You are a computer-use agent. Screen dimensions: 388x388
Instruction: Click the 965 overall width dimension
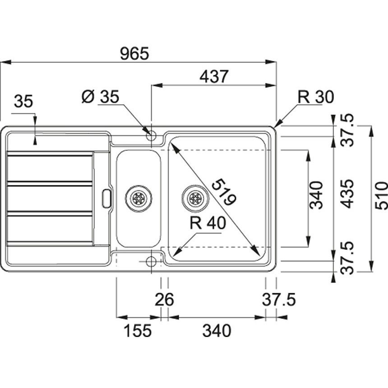tap(134, 53)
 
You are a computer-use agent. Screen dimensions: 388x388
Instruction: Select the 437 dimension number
tap(214, 76)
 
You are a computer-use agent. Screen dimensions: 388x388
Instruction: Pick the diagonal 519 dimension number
tap(224, 192)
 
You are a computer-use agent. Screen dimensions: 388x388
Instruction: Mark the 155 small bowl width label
tap(137, 331)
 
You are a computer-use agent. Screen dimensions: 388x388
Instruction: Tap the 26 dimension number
tap(164, 300)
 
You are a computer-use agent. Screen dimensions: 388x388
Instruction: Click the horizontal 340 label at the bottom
tap(217, 331)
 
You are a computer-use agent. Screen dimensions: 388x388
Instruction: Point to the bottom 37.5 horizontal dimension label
tap(279, 300)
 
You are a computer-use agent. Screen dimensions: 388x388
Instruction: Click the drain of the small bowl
tap(139, 198)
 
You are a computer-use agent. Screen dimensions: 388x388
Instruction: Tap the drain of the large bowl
tap(195, 198)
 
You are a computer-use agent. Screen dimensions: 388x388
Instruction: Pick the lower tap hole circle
tap(151, 261)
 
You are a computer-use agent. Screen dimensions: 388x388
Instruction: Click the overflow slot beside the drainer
tap(106, 199)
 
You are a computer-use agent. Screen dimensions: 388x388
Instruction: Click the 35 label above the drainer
tap(23, 101)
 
